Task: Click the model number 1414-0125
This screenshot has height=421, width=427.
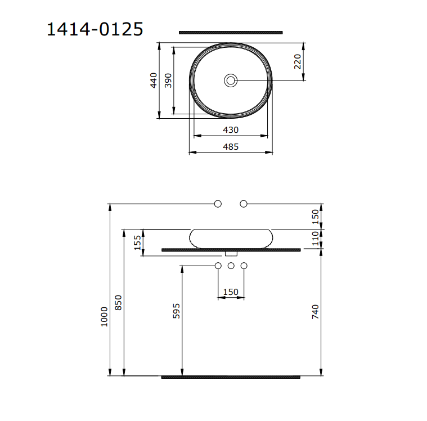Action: (x=95, y=29)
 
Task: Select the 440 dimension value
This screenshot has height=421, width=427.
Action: (x=153, y=80)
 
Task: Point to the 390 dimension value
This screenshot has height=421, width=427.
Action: (x=168, y=80)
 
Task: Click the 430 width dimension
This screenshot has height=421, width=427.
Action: (x=231, y=129)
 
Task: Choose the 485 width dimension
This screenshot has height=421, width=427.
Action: (x=231, y=146)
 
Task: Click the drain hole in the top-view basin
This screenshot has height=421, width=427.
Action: (x=231, y=80)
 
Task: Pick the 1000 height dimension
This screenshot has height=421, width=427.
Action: (x=104, y=317)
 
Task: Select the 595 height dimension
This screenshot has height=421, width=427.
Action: (x=176, y=311)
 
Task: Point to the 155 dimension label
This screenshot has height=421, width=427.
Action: (x=137, y=243)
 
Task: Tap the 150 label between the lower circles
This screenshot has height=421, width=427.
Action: (x=231, y=292)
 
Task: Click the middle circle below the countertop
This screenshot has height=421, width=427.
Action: (x=231, y=265)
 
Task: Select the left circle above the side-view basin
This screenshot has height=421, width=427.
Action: (x=218, y=203)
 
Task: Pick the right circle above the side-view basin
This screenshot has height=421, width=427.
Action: (x=244, y=203)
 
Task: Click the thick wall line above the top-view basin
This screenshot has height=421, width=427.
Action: (x=231, y=33)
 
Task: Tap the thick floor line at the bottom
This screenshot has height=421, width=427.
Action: (x=231, y=377)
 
